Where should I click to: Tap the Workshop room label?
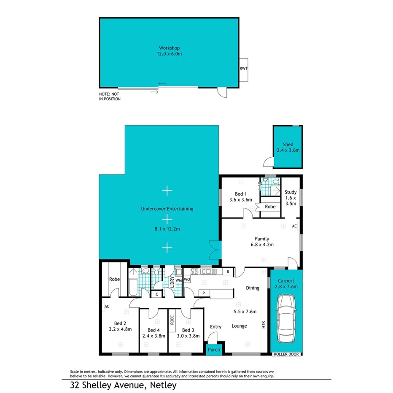pos(169,48)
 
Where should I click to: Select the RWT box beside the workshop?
pos(243,69)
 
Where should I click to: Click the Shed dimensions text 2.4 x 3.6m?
pos(288,150)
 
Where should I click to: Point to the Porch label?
pos(214,350)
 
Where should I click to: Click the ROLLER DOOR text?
pos(286,355)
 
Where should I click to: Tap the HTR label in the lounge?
pos(263,326)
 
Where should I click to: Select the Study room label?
pos(291,192)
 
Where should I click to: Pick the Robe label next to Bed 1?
pos(270,207)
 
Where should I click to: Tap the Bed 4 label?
pos(154,330)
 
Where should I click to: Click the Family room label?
pos(262,239)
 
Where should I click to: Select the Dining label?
pos(253,288)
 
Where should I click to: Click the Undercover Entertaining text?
pos(167,209)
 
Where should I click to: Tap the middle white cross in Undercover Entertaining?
pos(167,219)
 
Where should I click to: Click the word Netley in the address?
pos(162,385)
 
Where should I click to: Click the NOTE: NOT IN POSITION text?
pos(110,97)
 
